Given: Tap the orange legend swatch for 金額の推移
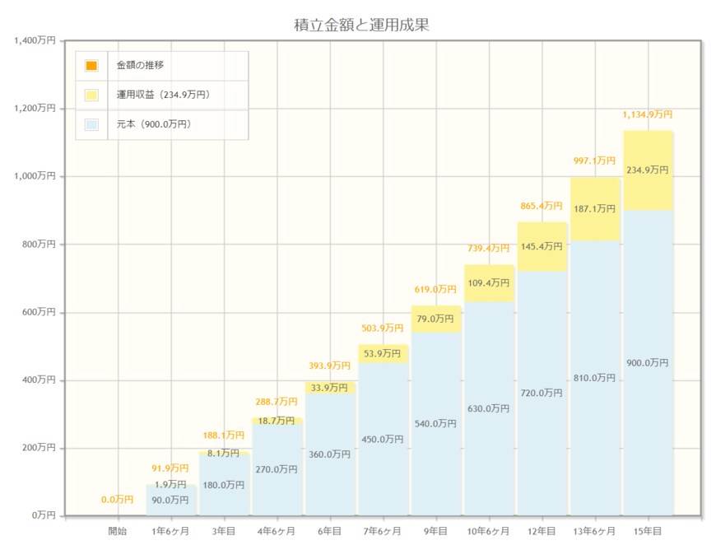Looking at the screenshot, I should point(91,65).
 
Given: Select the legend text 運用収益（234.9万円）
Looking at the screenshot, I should point(163,95).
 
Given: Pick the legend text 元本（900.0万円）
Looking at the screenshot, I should point(154,124).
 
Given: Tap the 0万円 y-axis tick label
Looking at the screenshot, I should point(44,515).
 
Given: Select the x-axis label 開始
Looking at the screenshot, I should point(118,532).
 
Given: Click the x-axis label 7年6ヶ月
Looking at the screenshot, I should point(383,532).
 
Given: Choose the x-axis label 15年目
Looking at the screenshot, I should point(648,532).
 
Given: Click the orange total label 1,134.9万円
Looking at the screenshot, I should point(648,114).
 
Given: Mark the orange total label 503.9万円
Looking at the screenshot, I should point(383,328).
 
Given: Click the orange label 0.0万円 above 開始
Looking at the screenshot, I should point(118,499).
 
